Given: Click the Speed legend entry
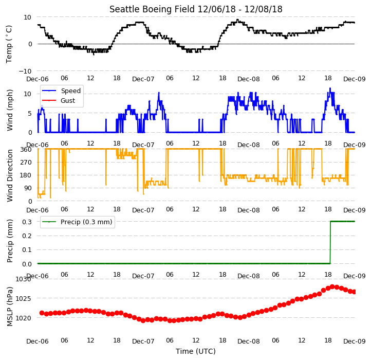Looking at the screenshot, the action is pos(61,91).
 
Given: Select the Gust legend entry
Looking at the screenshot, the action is pos(59,100).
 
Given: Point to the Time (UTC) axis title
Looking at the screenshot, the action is pos(196,351).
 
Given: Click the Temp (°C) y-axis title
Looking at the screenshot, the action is pos(9,44).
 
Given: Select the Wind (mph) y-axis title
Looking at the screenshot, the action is pos(9,110).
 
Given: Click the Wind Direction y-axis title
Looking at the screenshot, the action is pos(9,175).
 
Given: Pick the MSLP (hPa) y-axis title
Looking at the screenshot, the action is pos(9,307).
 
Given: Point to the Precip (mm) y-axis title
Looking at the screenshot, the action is pos(9,241).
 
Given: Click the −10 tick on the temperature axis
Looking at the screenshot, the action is pos(25,71).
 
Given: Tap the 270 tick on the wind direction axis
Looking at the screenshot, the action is pos(27,163).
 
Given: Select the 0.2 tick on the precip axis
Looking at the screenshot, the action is pos(27,236).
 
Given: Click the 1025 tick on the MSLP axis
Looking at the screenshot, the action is pos(23,298).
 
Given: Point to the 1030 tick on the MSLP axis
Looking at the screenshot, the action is pos(23,279).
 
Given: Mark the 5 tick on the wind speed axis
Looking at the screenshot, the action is pos(30,114).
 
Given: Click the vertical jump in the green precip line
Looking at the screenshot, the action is pos(330,242).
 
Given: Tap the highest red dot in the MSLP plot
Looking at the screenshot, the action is pos(332,287).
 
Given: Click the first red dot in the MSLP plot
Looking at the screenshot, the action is pos(42,313).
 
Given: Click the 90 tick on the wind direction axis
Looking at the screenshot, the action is pos(28,188).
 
